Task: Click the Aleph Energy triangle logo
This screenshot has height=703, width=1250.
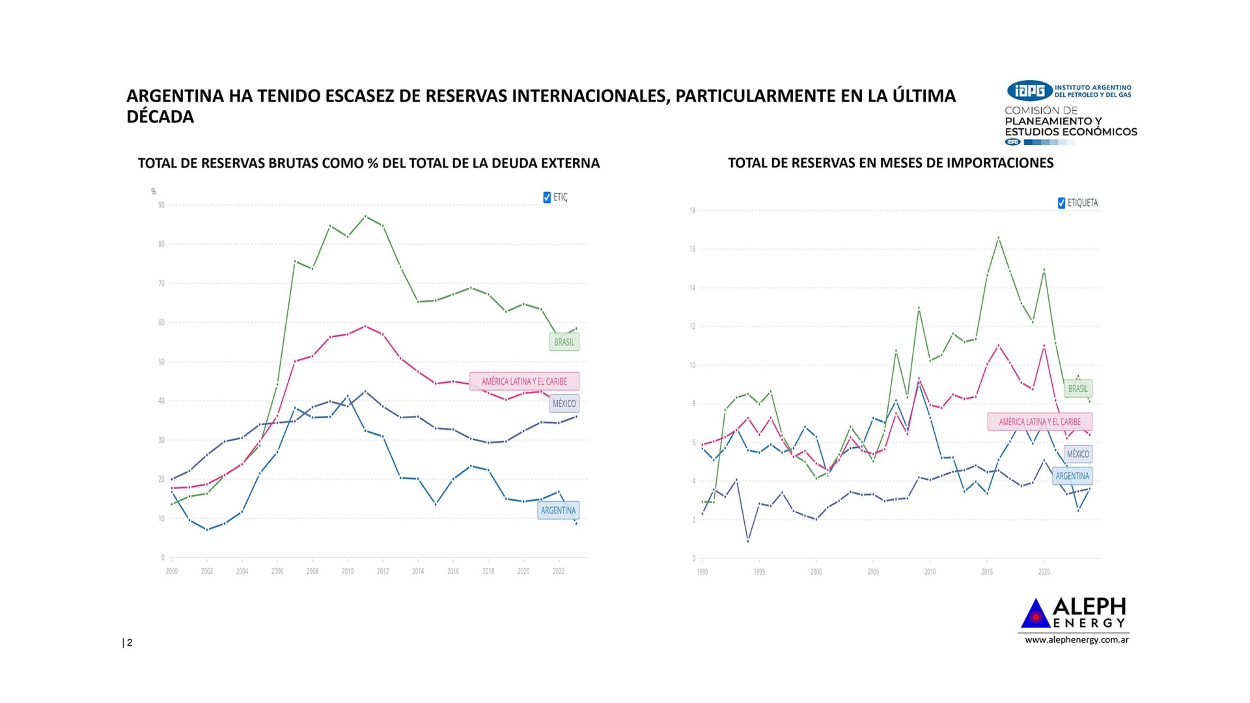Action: pos(1035,614)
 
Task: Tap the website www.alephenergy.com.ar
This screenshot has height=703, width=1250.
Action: pos(1077,640)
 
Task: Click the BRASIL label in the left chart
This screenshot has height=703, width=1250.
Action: pos(564,342)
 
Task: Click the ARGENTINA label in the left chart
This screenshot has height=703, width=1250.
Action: pos(558,510)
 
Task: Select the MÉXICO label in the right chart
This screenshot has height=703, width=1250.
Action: pos(1077,454)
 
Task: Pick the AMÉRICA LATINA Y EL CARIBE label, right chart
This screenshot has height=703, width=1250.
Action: pos(1040,422)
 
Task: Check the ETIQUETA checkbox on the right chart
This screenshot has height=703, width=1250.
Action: pos(1062,203)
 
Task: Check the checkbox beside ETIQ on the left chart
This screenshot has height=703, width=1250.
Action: pos(547,197)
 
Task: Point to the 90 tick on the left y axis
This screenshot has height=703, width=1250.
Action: pos(161,205)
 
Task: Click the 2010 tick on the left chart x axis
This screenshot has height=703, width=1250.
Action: pos(348,572)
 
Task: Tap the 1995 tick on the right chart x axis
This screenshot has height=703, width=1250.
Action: pos(759,572)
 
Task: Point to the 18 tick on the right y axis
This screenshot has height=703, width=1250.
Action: pos(692,211)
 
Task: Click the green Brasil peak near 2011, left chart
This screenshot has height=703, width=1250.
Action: pos(365,216)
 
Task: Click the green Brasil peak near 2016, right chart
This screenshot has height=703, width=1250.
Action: pos(999,238)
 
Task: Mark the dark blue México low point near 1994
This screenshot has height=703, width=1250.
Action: pos(748,541)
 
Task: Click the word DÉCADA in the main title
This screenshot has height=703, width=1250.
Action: pos(160,117)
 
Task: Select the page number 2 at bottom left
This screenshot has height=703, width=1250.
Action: pos(130,643)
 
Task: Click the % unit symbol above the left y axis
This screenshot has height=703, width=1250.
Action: pos(154,191)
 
